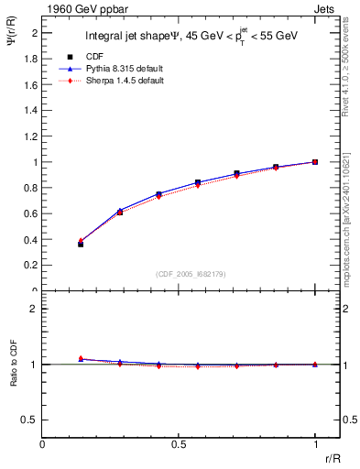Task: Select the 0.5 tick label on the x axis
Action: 179,443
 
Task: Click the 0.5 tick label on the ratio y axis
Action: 29,420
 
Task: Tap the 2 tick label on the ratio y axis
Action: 33,309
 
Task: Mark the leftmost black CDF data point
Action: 81,245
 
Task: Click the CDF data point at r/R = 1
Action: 315,162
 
